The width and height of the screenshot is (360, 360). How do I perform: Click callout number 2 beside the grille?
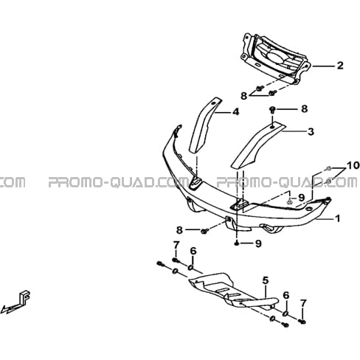(340, 66)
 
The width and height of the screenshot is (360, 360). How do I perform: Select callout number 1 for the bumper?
(338, 218)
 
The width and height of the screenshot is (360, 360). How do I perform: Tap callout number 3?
(311, 132)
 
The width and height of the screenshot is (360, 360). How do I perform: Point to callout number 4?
(235, 112)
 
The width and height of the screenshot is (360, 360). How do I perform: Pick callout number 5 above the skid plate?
(266, 280)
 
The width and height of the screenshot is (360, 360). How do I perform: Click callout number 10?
(353, 165)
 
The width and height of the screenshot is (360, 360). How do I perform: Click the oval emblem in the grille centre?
(274, 56)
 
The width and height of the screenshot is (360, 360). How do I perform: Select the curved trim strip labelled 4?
(204, 125)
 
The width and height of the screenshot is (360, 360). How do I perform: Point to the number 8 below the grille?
(243, 96)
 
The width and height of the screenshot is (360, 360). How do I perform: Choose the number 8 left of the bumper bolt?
(179, 230)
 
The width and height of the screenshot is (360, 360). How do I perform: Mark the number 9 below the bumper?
(258, 243)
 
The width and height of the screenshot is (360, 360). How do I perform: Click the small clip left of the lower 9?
(237, 243)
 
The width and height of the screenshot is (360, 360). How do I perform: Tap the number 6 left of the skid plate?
(193, 251)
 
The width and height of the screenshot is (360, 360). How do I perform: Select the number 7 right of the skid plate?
(303, 303)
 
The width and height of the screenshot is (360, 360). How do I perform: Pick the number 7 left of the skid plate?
(176, 245)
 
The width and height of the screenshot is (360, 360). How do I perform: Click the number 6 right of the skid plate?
(286, 295)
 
